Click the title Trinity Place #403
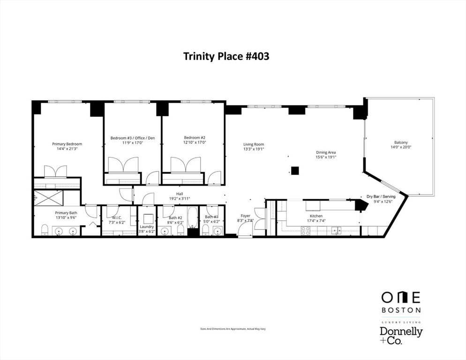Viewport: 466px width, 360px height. click(226, 56)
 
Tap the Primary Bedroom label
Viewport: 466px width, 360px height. click(67, 144)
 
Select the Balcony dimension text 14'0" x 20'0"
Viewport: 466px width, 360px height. click(401, 147)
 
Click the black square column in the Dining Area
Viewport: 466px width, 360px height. click(294, 171)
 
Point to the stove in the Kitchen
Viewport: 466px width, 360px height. click(306, 231)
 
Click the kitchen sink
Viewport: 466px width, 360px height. click(337, 230)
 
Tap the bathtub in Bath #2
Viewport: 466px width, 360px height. click(193, 217)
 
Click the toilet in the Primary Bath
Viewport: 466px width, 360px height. click(45, 230)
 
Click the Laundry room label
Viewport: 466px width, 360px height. click(147, 226)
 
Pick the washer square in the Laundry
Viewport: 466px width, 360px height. click(148, 218)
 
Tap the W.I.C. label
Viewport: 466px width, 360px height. click(117, 217)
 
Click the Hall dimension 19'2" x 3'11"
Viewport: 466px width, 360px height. click(180, 199)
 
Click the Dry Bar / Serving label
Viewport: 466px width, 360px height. click(381, 196)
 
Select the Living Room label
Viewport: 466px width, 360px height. click(254, 144)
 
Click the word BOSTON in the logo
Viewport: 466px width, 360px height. click(401, 310)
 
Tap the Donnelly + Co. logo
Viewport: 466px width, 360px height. click(401, 336)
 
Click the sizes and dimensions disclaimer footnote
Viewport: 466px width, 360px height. click(233, 329)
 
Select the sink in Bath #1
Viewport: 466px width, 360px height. click(218, 230)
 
